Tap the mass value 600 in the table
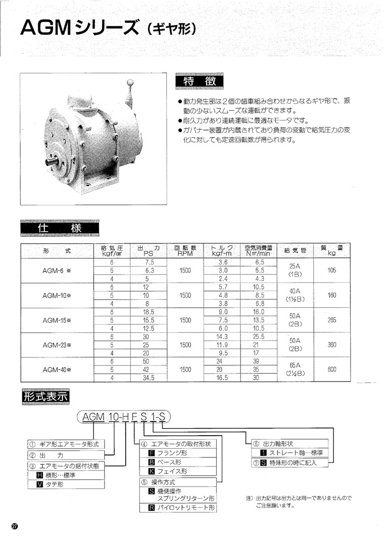[331, 369]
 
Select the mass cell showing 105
[331, 270]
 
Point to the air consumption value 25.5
[259, 337]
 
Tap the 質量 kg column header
[331, 250]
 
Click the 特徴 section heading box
[198, 82]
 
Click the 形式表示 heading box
[45, 396]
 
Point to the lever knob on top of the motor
[130, 82]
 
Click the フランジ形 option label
[172, 453]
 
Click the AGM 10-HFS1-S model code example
[124, 416]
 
